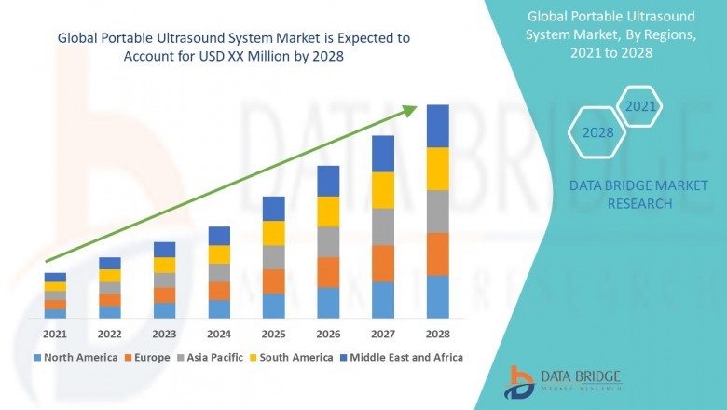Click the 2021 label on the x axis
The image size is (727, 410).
(x=55, y=334)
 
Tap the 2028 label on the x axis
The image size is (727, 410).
(x=437, y=334)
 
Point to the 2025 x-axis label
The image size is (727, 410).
(x=273, y=334)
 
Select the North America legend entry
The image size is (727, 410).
(x=75, y=357)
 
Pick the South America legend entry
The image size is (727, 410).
(x=295, y=357)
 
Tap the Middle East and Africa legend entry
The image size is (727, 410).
(x=405, y=357)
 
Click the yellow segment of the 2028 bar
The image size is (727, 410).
(x=437, y=169)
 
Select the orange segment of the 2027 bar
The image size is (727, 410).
(x=383, y=264)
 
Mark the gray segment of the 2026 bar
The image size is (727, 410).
(x=328, y=241)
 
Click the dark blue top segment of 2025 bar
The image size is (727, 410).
(x=273, y=208)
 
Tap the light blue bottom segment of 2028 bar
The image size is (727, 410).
(x=437, y=297)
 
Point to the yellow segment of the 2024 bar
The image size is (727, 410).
(x=219, y=254)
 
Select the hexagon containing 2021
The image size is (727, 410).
(x=640, y=107)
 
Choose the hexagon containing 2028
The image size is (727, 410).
(x=597, y=132)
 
